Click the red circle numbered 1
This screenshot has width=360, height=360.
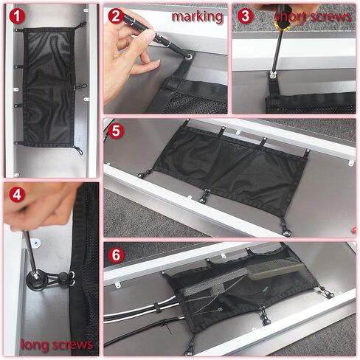[17, 16]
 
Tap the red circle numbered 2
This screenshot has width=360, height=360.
[116, 16]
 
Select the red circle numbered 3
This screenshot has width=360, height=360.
[245, 16]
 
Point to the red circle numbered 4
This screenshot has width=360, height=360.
[17, 195]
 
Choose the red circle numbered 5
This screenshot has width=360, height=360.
[116, 131]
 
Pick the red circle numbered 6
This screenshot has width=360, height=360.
[116, 255]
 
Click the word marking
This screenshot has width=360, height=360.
[197, 17]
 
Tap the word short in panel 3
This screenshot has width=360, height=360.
[291, 17]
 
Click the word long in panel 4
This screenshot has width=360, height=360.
[34, 345]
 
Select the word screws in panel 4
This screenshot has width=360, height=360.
[72, 345]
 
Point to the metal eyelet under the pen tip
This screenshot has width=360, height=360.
[189, 57]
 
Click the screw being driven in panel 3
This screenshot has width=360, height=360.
[272, 75]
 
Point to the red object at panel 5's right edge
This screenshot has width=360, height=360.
[354, 230]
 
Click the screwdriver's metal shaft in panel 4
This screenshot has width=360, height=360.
[30, 253]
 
